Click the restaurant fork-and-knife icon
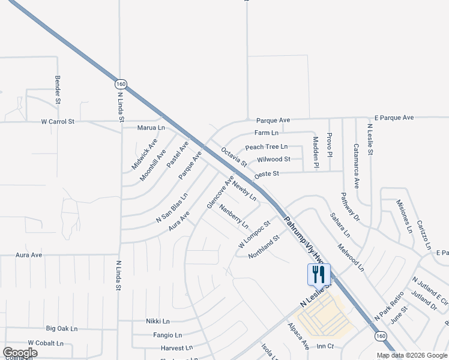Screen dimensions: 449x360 [x=319, y=275]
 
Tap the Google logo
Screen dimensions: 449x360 [x=20, y=353]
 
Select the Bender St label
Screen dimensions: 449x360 [x=58, y=89]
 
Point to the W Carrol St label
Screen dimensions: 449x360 [x=58, y=121]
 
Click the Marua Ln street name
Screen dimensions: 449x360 [x=151, y=128]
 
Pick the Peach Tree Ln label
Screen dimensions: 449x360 [x=266, y=147]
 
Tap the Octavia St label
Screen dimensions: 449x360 [x=234, y=157]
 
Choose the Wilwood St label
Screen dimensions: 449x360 [x=273, y=160]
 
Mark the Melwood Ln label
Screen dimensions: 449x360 [x=351, y=257]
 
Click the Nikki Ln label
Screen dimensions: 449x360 [x=158, y=321]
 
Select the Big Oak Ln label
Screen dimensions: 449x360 [x=62, y=329]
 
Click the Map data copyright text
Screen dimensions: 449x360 [x=411, y=355]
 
